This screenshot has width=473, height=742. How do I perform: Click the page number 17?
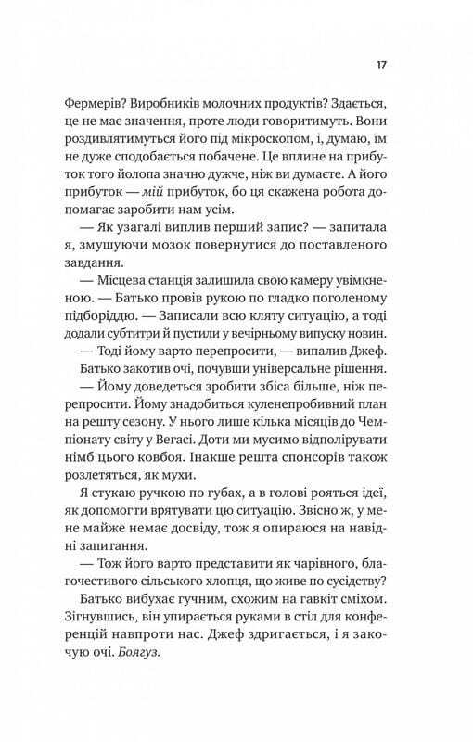pyautogui.click(x=382, y=65)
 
